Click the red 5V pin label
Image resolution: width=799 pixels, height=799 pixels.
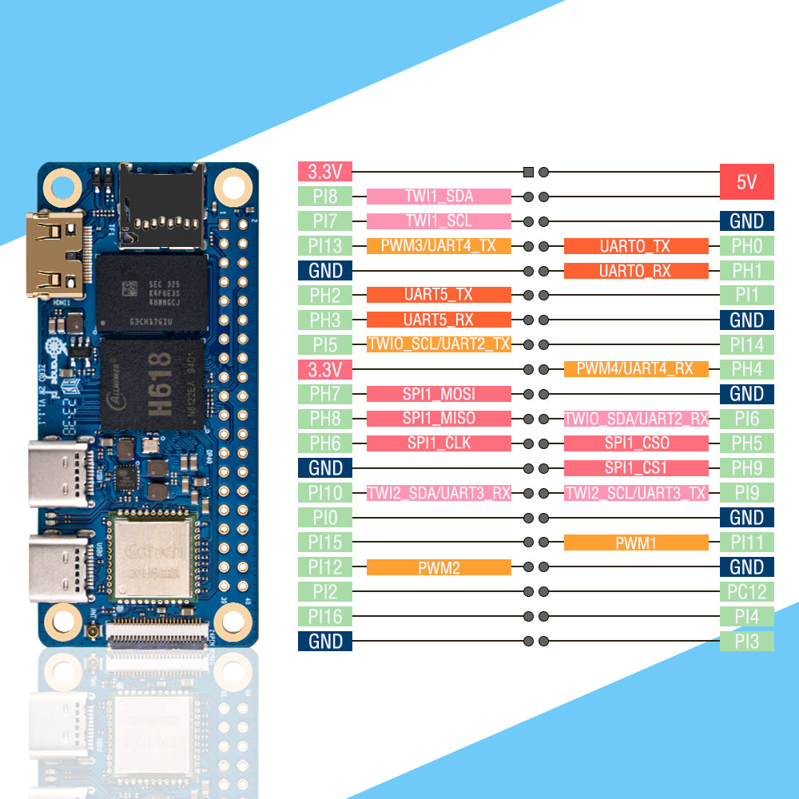tap(746, 182)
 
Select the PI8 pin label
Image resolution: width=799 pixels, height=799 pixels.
tap(324, 197)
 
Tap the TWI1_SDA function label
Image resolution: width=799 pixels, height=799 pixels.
tap(439, 197)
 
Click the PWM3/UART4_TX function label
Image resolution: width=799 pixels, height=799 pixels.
tap(439, 246)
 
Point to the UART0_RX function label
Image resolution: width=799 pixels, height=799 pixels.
tap(636, 271)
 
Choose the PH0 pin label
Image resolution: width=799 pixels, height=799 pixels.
tap(746, 246)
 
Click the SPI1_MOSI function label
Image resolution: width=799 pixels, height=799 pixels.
tap(439, 394)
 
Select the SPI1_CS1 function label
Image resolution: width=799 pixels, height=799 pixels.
tap(636, 468)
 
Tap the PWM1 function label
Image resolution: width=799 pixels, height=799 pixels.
tap(636, 543)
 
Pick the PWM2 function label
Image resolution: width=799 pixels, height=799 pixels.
tap(439, 567)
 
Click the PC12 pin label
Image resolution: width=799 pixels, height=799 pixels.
tap(746, 592)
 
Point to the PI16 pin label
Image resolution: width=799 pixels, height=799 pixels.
tap(324, 617)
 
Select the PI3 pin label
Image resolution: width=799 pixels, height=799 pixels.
tap(746, 641)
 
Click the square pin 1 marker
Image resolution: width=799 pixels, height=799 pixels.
tap(527, 172)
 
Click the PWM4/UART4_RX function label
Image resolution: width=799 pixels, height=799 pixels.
tap(636, 369)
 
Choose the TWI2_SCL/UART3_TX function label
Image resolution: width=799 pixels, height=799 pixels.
tap(636, 493)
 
